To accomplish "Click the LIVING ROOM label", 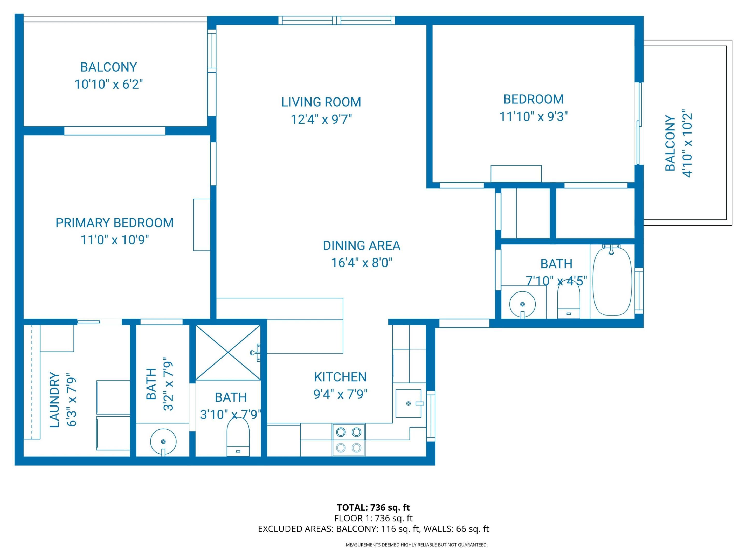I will (321, 102).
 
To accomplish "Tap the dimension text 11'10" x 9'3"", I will (533, 117).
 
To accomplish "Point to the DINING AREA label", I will (361, 246).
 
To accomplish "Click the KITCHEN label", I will (340, 377).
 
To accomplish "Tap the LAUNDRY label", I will (55, 400).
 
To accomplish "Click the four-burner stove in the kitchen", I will (349, 440).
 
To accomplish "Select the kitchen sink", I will (408, 403).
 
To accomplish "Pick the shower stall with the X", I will (228, 353).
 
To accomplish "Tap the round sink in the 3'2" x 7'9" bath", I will (163, 442).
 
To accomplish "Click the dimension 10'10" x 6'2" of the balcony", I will (108, 84).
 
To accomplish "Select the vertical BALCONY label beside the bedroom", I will (670, 143).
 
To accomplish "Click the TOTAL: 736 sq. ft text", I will (373, 507).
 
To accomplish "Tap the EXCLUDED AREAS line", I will (373, 529).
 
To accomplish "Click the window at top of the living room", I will (336, 20).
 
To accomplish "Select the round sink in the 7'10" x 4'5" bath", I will (522, 304).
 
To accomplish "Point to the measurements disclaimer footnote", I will (416, 545).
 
